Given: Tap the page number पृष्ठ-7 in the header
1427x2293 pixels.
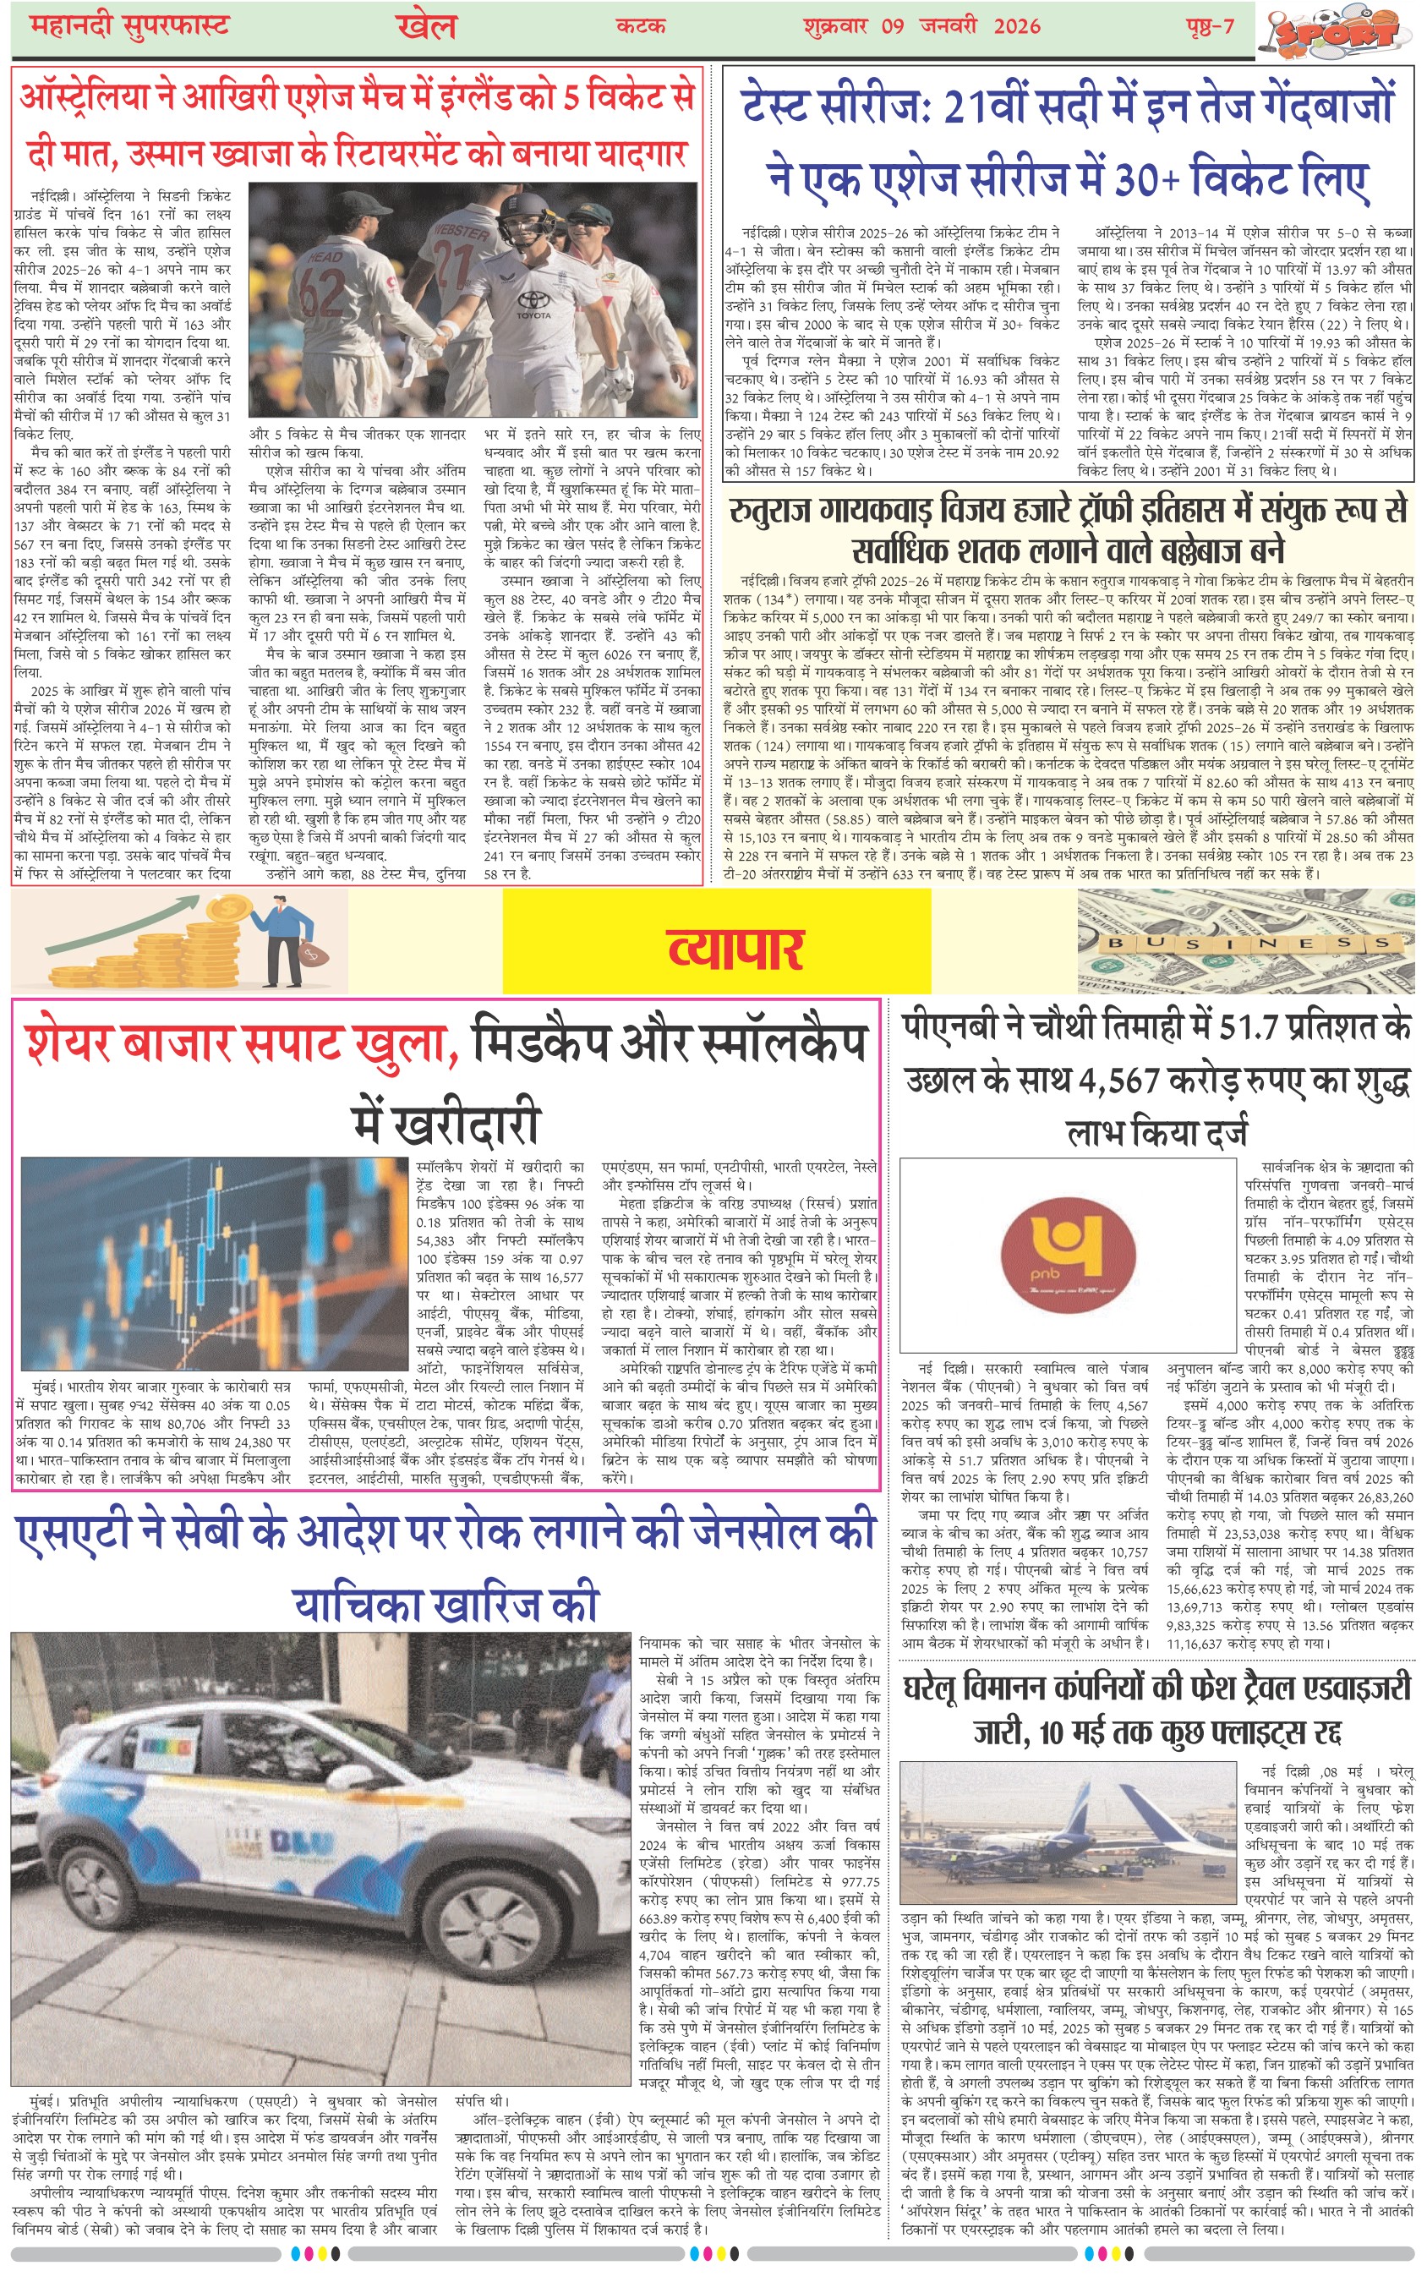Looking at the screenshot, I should coord(1209,26).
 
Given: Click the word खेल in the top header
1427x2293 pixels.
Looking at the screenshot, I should coord(427,26).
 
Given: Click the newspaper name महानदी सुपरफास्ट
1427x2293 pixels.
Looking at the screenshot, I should coord(129,25).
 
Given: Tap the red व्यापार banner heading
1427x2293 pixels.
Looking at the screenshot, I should coord(735,949).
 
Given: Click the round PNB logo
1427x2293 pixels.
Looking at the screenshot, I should coord(1068,1256).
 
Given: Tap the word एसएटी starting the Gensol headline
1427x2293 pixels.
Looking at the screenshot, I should coord(73,1532).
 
